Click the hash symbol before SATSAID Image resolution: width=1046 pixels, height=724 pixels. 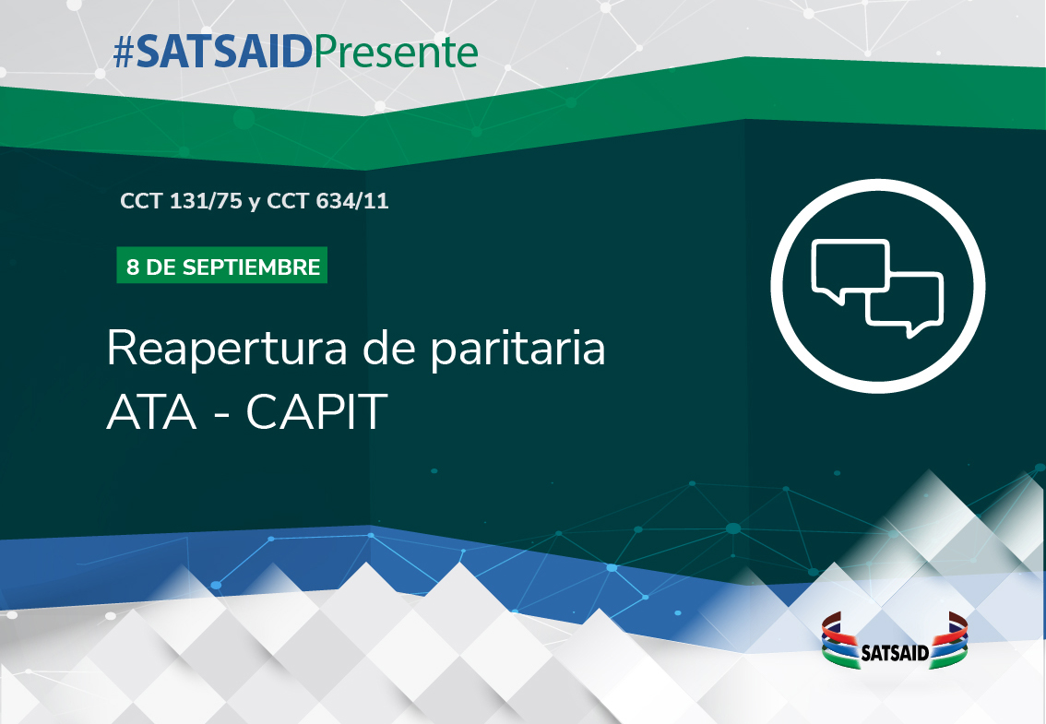pos(125,52)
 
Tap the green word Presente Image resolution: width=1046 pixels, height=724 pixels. pos(396,53)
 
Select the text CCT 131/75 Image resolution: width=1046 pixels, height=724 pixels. pos(181,201)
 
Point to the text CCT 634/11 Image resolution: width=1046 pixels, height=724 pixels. pos(327,201)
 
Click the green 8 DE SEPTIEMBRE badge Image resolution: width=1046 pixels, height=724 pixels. pos(222,266)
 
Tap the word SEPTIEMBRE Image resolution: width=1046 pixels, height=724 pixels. pos(251,267)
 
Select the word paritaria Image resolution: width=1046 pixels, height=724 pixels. pos(517,349)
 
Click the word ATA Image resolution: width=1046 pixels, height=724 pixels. pos(152,411)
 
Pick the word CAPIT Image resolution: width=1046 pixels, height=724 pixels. pos(317,411)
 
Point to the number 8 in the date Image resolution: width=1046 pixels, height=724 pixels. pos(133,267)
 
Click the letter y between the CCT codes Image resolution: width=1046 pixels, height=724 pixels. pos(255,203)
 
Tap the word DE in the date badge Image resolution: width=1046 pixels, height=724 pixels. pos(160,267)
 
